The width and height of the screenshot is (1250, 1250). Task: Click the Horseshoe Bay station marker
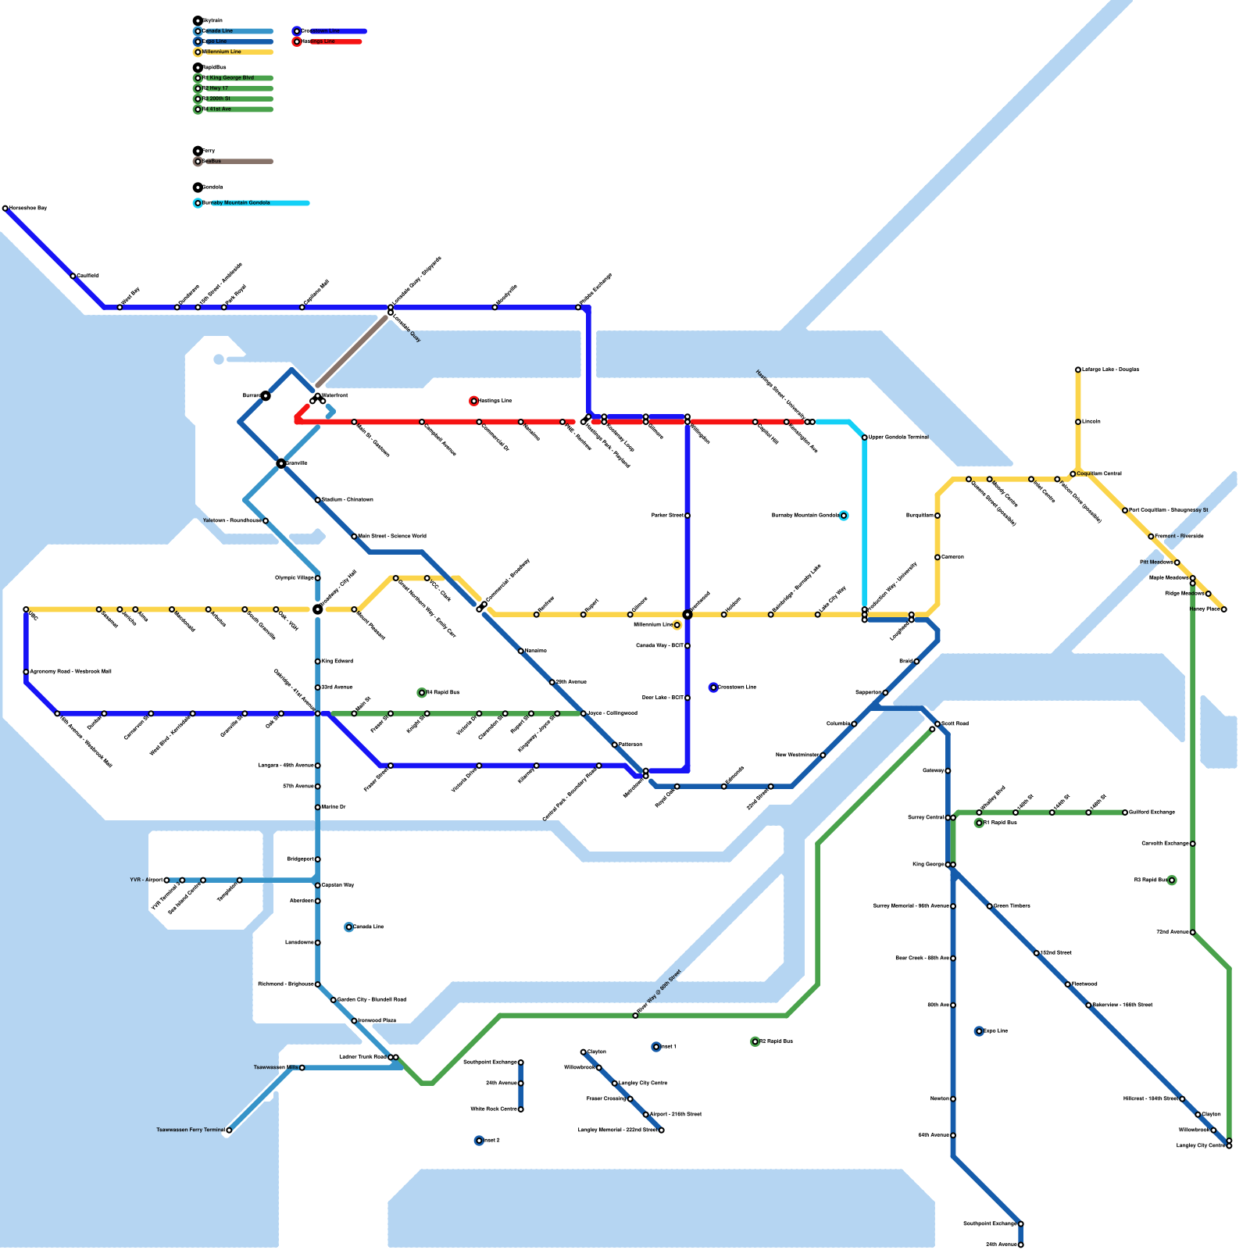[x=5, y=209]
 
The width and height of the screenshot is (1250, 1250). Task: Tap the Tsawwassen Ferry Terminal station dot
[x=229, y=1130]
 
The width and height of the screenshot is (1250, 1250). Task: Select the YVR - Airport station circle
[x=166, y=880]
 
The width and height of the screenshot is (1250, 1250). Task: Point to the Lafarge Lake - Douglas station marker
[x=1078, y=370]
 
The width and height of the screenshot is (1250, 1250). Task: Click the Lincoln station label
[x=1091, y=422]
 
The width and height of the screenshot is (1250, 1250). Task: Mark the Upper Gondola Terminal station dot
[x=865, y=437]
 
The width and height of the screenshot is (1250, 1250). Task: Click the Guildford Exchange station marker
[x=1125, y=812]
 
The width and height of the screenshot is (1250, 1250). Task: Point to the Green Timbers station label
[x=1012, y=906]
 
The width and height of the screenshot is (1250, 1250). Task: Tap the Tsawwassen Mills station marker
[x=302, y=1068]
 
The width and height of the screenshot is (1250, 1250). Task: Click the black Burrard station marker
[x=266, y=396]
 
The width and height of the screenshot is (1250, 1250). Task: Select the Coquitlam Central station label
[x=1099, y=474]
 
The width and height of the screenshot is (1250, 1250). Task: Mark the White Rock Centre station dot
[x=521, y=1109]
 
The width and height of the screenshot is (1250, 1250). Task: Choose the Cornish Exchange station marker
[x=1193, y=844]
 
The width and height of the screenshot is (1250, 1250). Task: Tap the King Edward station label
[x=337, y=662]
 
